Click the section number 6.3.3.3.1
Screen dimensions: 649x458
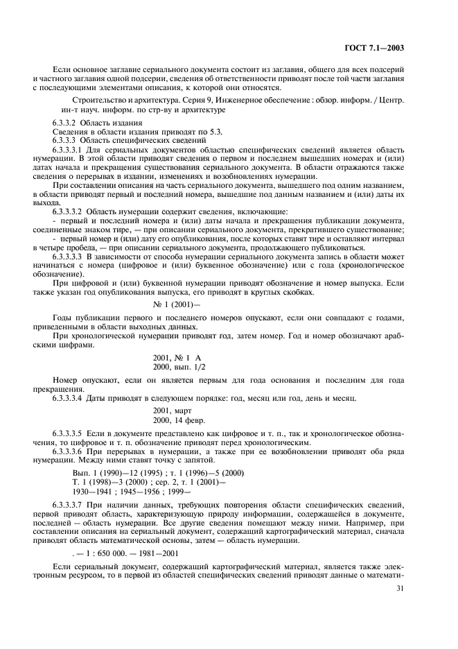click(71, 149)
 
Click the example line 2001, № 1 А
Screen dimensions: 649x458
click(175, 356)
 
